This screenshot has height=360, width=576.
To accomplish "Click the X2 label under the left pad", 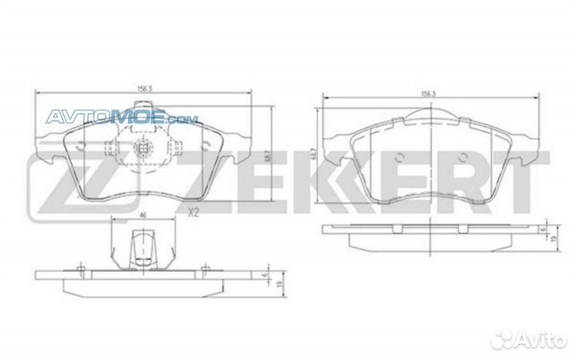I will pyautogui.click(x=192, y=212).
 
